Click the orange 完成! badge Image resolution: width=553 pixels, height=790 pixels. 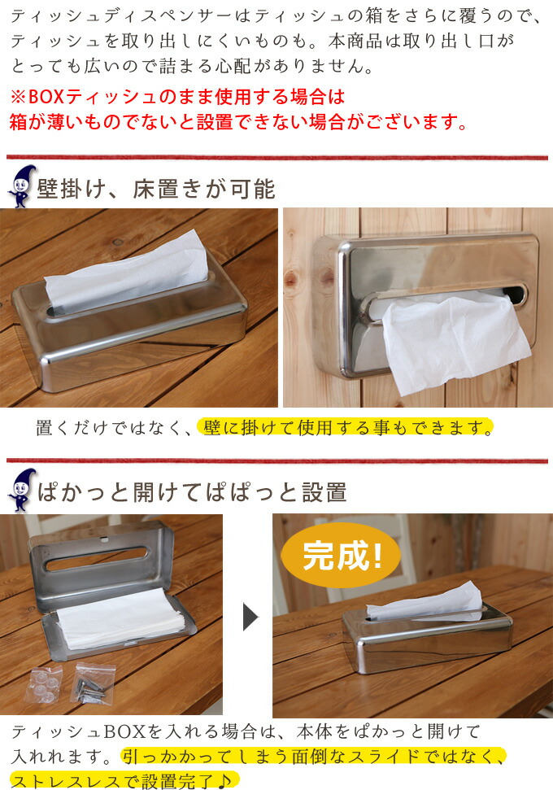point(341,556)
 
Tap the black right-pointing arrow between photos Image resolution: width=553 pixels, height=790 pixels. point(250,618)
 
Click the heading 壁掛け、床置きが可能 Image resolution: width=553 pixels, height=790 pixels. point(156,189)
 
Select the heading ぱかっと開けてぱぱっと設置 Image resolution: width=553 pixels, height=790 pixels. point(192,491)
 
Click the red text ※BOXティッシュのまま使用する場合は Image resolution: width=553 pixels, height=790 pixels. point(177,97)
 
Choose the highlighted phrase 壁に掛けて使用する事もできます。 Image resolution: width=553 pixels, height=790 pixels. point(346,427)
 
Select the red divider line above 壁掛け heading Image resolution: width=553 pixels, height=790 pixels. point(276,157)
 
